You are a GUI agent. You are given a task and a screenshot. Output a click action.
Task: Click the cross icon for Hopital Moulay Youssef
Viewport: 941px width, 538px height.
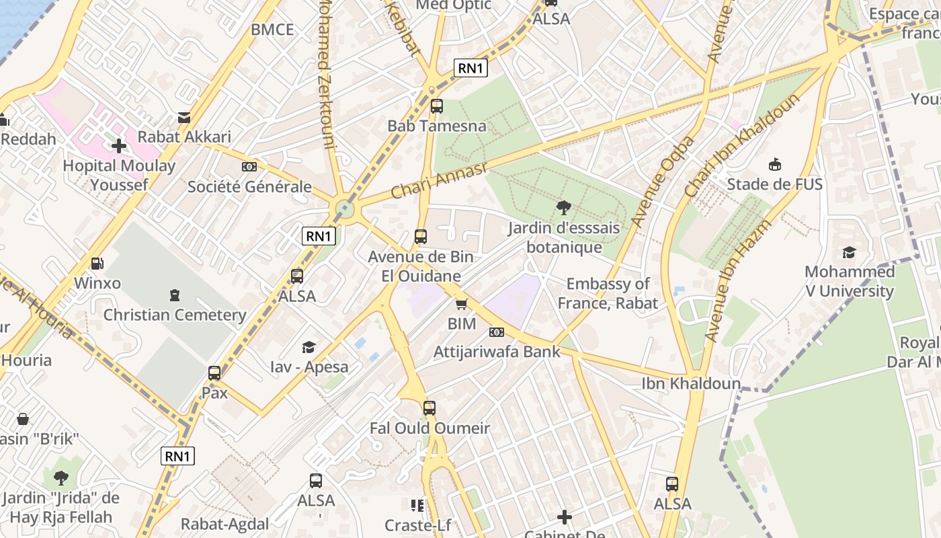119,145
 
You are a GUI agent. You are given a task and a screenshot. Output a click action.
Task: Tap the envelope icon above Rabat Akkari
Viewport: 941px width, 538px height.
184,118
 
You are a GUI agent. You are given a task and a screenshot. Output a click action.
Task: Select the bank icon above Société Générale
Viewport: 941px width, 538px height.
249,167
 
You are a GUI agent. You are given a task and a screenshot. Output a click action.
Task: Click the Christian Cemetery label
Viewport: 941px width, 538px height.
175,315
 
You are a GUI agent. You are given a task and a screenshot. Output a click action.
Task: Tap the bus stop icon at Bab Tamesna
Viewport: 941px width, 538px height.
437,106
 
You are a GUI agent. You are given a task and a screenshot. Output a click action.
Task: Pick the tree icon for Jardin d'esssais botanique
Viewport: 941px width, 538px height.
564,208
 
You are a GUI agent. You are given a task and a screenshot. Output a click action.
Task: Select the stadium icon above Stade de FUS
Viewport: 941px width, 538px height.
775,164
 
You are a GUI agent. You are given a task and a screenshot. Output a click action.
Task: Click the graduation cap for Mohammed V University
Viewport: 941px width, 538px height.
850,252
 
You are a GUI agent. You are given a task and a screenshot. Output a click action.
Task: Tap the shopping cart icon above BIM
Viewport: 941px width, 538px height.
462,305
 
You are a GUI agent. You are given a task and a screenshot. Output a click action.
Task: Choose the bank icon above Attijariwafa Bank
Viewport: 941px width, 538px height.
497,332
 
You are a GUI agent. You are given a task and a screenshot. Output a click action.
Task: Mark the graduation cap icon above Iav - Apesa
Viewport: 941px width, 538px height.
309,347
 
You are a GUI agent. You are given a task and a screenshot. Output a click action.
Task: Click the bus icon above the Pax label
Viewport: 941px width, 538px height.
214,373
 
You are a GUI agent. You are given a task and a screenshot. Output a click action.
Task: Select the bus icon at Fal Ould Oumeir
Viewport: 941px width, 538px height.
429,408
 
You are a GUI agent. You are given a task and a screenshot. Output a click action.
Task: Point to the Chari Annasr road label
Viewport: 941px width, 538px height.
439,180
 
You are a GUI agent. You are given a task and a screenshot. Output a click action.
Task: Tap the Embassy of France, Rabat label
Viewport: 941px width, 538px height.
608,293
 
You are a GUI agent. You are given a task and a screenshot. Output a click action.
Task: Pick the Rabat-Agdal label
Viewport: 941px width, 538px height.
224,524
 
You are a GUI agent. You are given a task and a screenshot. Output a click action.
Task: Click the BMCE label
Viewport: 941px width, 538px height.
272,30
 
